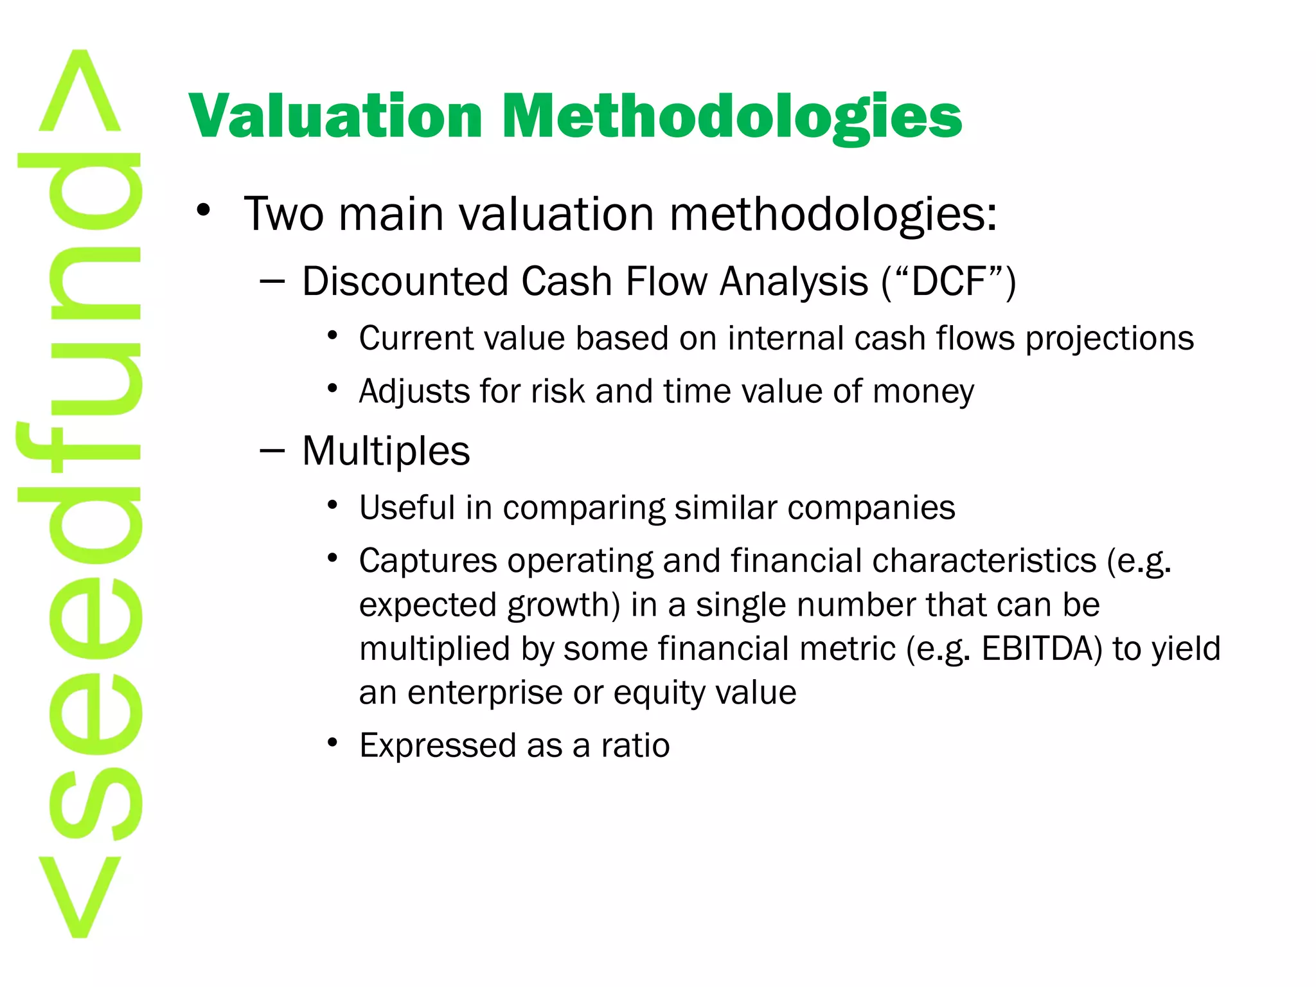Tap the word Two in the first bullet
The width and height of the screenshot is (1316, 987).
283,213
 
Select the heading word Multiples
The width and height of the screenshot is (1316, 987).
386,450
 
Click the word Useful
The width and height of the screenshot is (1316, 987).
407,508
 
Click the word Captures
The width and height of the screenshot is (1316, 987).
427,560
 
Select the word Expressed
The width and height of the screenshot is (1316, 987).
437,745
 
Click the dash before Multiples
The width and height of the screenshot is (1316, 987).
272,451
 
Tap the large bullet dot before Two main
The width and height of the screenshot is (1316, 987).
204,210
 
